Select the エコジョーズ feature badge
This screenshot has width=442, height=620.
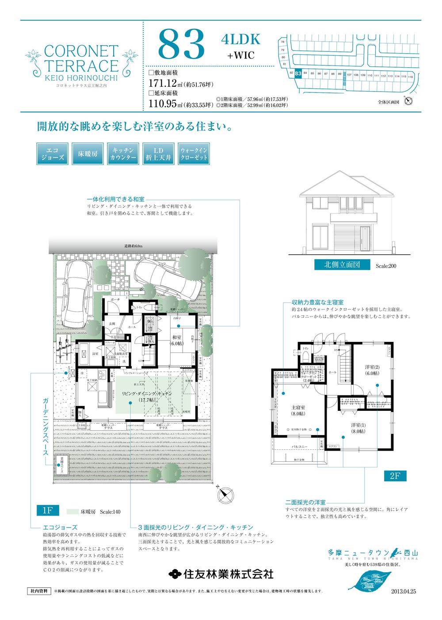pos(50,153)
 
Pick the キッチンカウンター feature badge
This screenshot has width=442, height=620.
pos(121,153)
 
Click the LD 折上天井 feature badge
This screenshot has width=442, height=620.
pos(157,153)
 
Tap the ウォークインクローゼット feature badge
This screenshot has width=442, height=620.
pos(193,153)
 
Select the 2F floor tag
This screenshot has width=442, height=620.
pos(395,476)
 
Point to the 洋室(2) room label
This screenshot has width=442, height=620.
pos(372,370)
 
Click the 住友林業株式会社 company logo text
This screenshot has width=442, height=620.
pos(221,574)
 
